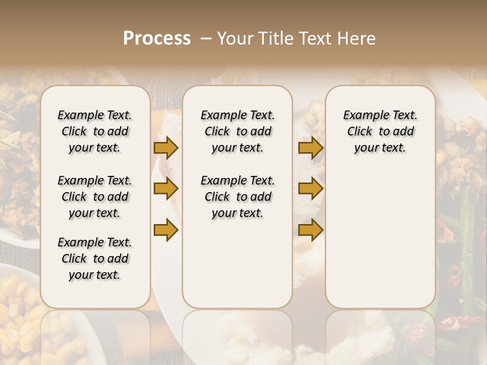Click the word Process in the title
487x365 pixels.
click(157, 39)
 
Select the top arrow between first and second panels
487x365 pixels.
click(166, 148)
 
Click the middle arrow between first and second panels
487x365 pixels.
click(166, 189)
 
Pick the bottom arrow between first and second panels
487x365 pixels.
click(166, 230)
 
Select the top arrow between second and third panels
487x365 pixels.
click(310, 148)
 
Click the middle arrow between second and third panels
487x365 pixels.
click(310, 189)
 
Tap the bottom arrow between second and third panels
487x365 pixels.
click(310, 230)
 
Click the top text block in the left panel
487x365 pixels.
click(95, 131)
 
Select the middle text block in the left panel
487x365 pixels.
click(95, 197)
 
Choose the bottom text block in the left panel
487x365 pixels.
click(95, 259)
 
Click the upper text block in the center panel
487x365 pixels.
click(237, 131)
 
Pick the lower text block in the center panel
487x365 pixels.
click(237, 197)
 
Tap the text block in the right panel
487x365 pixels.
click(380, 131)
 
